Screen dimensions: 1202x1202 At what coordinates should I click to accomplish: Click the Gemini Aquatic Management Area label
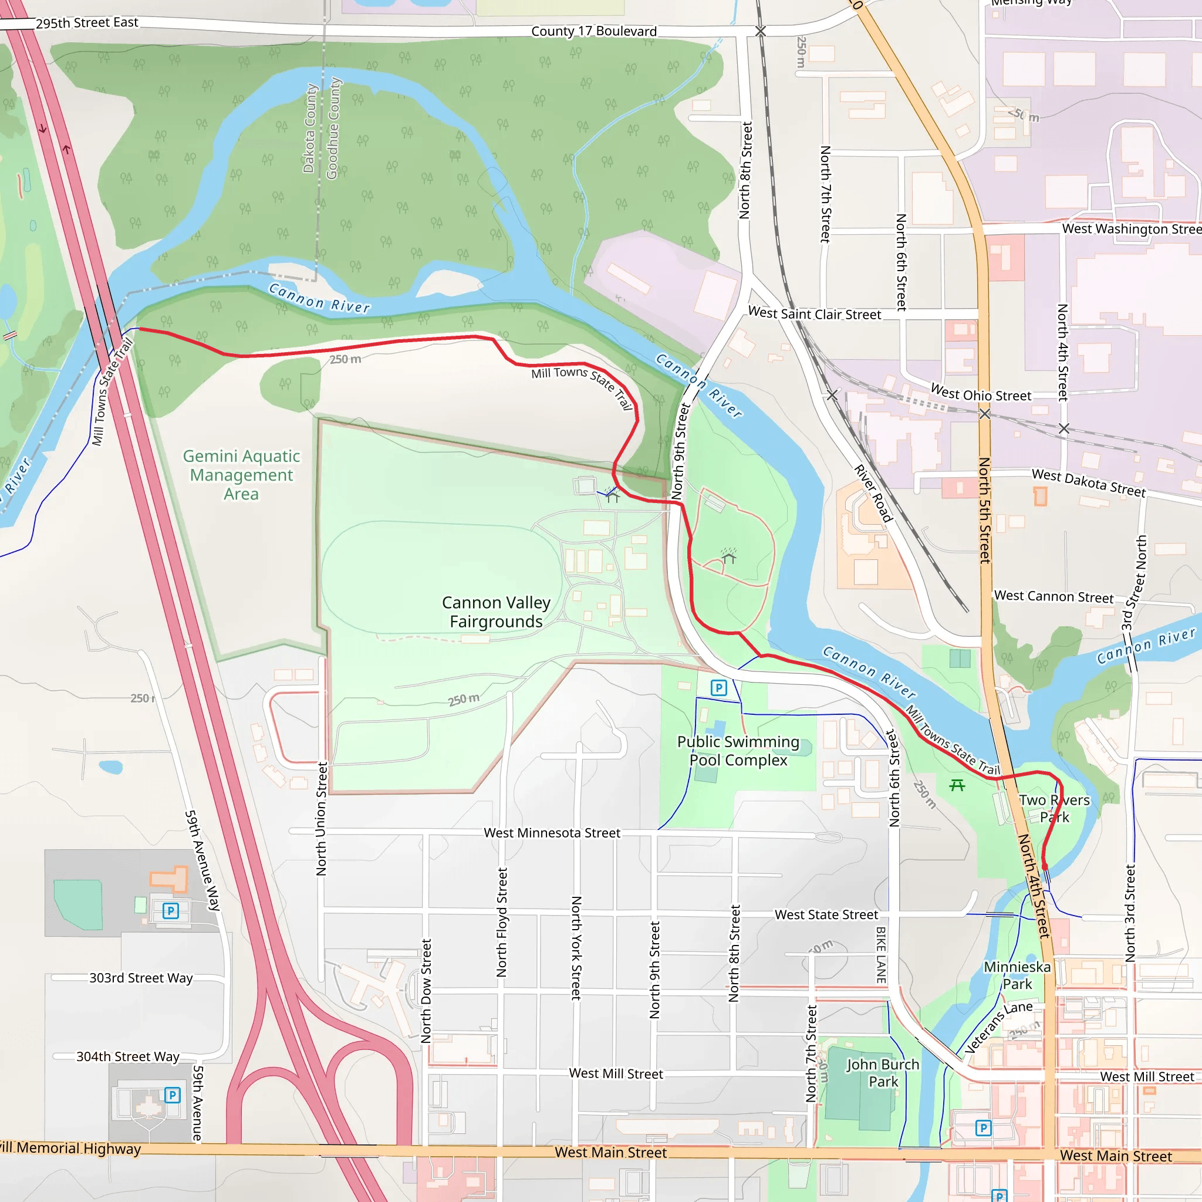(241, 475)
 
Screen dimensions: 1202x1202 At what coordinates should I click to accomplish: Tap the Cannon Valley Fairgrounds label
(496, 612)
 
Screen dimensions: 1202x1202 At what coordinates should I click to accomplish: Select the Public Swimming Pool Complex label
(738, 750)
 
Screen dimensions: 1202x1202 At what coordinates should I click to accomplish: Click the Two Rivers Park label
(1054, 808)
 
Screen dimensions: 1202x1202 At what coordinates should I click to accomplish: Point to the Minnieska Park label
(1017, 975)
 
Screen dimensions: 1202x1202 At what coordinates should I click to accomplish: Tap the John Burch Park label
(882, 1073)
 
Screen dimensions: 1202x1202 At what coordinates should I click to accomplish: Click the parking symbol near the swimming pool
(718, 687)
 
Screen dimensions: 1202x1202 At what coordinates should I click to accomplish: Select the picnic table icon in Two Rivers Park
(957, 785)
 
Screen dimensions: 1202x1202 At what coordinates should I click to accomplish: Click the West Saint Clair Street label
(814, 313)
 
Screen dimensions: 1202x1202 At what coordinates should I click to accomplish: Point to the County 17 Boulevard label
(593, 31)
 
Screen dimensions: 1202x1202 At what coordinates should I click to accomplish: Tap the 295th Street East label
(86, 23)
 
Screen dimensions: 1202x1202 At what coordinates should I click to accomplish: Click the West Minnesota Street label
(552, 832)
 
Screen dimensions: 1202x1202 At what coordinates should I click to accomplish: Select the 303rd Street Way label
(141, 977)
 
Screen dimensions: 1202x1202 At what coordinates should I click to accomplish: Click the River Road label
(873, 493)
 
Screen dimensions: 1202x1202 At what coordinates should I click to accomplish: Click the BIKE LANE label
(881, 955)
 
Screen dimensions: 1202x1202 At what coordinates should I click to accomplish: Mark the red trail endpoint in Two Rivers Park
(1045, 866)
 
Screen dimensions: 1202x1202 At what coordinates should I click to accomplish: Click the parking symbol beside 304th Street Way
(173, 1095)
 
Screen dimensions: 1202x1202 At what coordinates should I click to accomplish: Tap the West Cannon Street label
(1054, 596)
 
